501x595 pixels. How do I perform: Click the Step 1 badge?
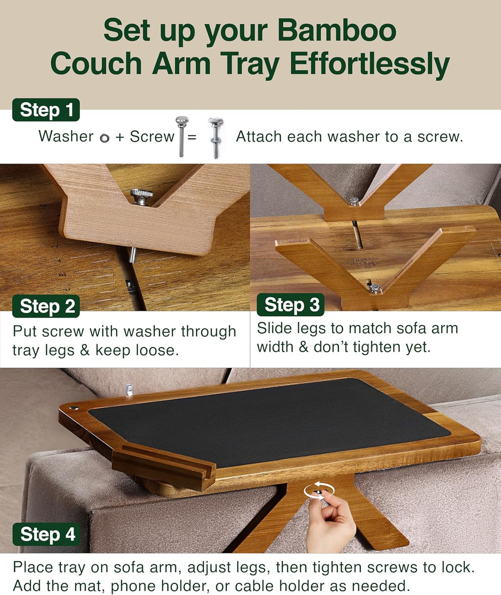[x=46, y=110]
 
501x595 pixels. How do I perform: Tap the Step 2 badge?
[x=46, y=306]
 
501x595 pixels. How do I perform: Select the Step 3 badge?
[x=291, y=305]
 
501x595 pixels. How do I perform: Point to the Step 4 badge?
[x=47, y=534]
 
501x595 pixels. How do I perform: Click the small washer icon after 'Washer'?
[x=104, y=138]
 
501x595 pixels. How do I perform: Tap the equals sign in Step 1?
[x=192, y=137]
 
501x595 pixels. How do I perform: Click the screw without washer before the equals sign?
[x=182, y=135]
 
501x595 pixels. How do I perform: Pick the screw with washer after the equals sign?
[x=215, y=137]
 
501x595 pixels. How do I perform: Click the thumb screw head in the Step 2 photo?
[x=141, y=196]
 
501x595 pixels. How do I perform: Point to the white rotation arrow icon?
[x=319, y=490]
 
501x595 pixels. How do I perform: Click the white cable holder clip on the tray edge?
[x=129, y=389]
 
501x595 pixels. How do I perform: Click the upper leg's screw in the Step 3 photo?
[x=353, y=200]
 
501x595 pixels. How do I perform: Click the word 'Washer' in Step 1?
[x=66, y=136]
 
